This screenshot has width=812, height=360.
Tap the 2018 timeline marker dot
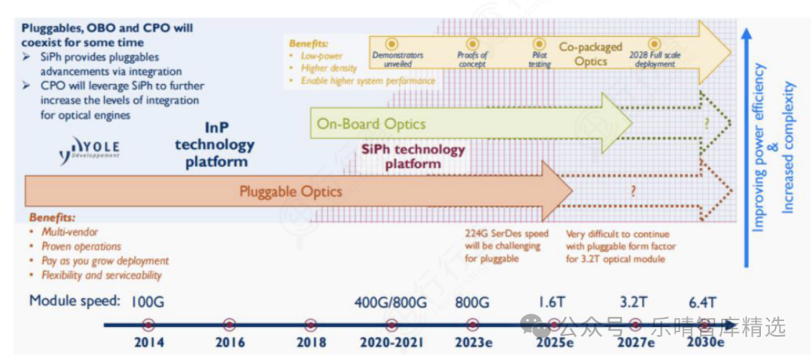(311, 325)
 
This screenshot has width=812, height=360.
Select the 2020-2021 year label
(390, 343)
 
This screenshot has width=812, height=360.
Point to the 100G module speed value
(147, 302)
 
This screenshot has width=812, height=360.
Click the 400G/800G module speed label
(390, 302)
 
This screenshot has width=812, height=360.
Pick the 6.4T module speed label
(704, 302)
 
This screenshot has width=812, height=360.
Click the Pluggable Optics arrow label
(290, 192)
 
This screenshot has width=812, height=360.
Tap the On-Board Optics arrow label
(371, 124)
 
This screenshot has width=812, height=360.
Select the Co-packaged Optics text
(590, 54)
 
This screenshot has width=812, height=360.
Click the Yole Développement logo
(89, 150)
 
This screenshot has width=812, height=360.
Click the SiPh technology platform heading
(413, 156)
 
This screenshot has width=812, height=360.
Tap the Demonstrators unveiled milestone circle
(391, 44)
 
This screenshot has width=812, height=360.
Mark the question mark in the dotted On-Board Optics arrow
(706, 123)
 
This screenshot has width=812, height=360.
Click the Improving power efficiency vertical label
(759, 147)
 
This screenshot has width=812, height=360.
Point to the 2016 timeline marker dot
(229, 325)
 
